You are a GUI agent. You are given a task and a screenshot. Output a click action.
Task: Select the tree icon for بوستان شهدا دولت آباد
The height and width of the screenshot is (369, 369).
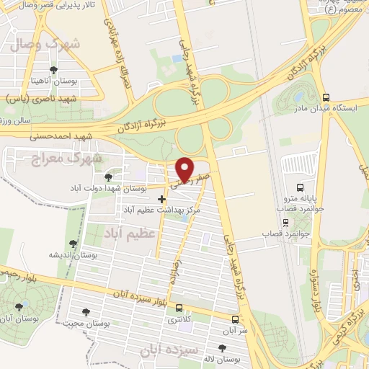108,177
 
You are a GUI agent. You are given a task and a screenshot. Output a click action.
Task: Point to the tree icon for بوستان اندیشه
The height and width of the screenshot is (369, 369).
72,244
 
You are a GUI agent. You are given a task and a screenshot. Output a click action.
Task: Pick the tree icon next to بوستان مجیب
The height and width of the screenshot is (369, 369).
86,312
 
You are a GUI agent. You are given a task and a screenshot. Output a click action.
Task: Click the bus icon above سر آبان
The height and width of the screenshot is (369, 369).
236,319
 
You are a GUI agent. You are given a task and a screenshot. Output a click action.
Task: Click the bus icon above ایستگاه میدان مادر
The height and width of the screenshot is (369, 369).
326,97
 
